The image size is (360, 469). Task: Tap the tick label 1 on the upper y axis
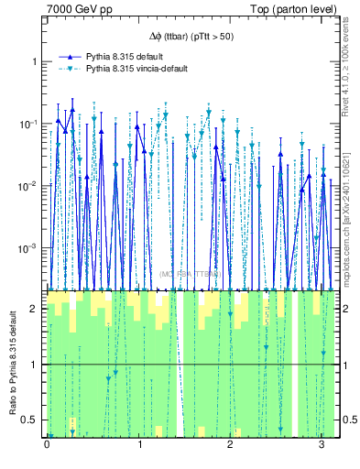pos(37,61)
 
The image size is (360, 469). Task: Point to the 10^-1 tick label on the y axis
pos(32,124)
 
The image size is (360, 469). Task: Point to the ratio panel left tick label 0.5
pos(33,420)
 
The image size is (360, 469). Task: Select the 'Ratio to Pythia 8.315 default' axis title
pos(12,364)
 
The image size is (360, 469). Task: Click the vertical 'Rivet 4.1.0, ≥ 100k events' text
pos(351,73)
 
